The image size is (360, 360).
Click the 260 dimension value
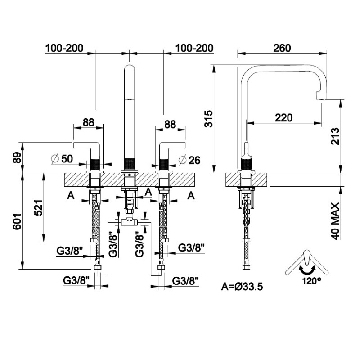(282, 48)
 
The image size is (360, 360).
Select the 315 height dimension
(207, 118)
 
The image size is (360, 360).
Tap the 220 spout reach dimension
(283, 117)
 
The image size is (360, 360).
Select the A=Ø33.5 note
(242, 285)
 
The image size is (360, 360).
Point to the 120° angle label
(312, 280)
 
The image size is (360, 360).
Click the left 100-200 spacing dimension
(64, 48)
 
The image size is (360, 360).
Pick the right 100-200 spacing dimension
(194, 48)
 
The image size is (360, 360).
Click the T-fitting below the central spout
(130, 221)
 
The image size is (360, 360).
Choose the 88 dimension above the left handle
(89, 121)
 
